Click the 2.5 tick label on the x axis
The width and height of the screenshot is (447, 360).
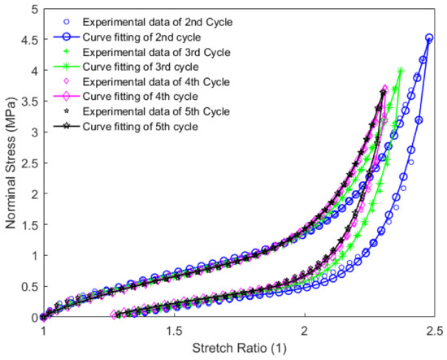pos(435,332)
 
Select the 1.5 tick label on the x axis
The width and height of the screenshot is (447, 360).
pos(173,332)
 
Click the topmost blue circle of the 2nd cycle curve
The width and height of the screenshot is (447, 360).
pos(429,37)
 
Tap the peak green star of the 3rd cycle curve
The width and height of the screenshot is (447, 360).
pos(401,71)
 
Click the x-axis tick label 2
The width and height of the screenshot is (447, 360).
pos(304,332)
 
